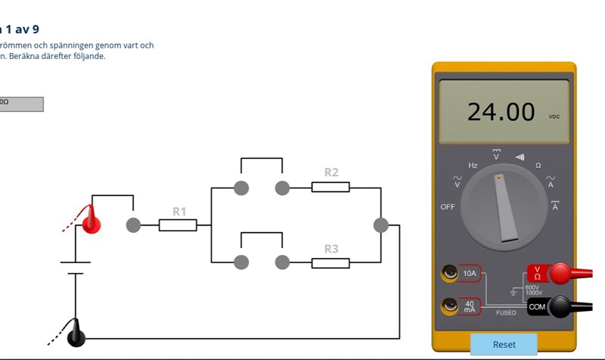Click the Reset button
coord(504,344)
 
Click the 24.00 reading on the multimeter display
coord(501,112)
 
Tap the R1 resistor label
coord(179,212)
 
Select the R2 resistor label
coord(331,172)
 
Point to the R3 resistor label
coord(331,249)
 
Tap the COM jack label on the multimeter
coord(537,306)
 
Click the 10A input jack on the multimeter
coord(452,273)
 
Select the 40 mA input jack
coord(452,306)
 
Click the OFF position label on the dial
coord(448,206)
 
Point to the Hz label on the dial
coord(473,165)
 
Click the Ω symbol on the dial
coord(538,165)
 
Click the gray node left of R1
coord(133,225)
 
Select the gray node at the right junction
coord(381,225)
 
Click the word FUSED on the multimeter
coord(506,312)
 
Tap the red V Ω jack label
coord(537,273)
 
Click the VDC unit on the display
coord(554,117)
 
